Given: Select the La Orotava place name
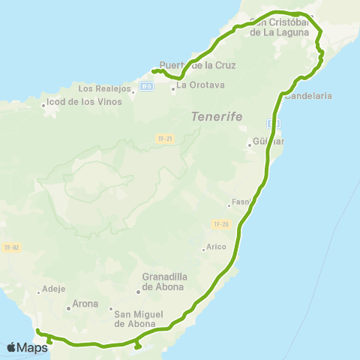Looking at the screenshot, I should click(196, 85).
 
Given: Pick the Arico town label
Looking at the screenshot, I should click(217, 249).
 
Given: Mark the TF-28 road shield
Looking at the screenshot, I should click(220, 224).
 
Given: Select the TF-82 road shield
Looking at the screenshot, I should click(10, 246).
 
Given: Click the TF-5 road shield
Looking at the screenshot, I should click(147, 86).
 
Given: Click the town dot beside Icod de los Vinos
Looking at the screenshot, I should click(43, 105).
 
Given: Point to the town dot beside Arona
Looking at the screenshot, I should click(67, 305).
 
